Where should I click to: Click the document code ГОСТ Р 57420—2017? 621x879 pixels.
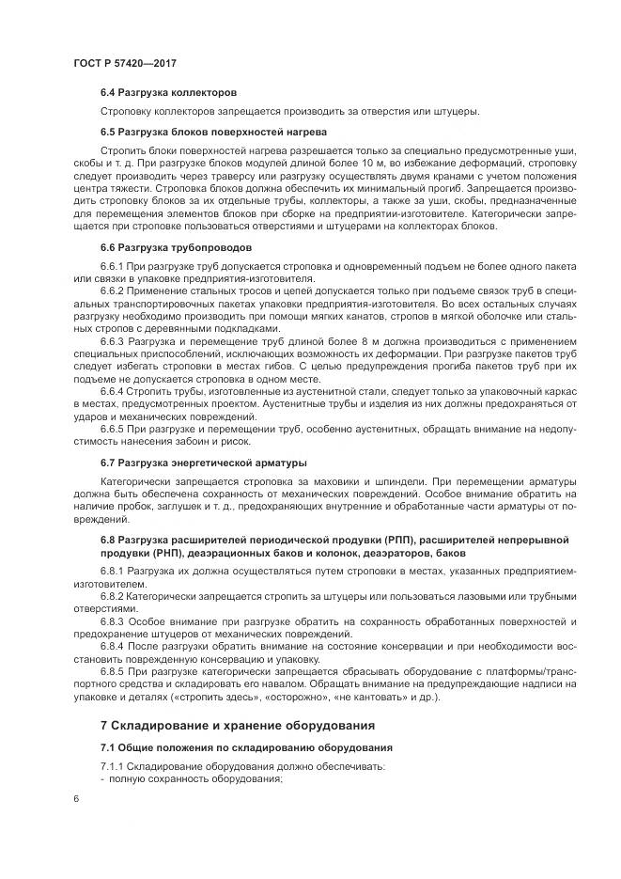point(125,62)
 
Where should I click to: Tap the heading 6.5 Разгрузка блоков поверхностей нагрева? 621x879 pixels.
point(213,132)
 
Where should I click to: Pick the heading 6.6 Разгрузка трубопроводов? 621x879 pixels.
point(176,248)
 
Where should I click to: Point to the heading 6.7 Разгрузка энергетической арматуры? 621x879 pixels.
point(203,463)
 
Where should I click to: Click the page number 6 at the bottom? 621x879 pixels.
point(75,798)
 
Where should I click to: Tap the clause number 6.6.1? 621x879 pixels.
point(113,268)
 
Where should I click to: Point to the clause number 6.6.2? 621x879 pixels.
point(113,292)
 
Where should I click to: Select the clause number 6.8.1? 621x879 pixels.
point(113,572)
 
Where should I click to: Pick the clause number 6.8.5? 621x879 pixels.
point(113,672)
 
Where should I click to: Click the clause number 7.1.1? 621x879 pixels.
point(113,767)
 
